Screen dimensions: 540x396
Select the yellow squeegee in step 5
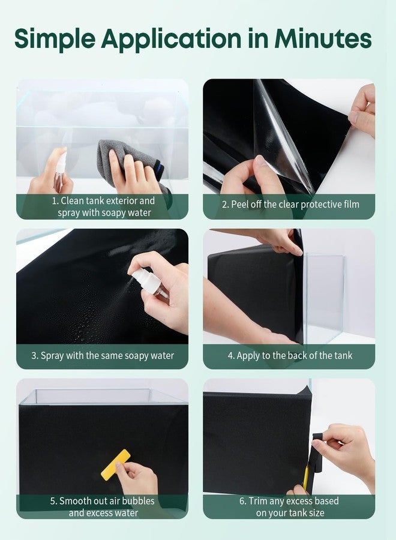(x=115, y=464)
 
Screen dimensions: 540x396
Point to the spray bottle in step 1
(x=61, y=169)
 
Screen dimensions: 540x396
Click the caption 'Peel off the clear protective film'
(x=290, y=205)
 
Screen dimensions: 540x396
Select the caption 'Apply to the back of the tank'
(x=290, y=355)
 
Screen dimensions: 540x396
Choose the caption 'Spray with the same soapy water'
(x=103, y=355)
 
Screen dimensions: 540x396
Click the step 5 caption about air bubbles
(x=103, y=506)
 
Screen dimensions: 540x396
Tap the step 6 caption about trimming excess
(x=290, y=506)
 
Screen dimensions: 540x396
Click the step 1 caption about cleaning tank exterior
(x=103, y=206)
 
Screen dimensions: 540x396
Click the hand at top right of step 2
(x=362, y=111)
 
